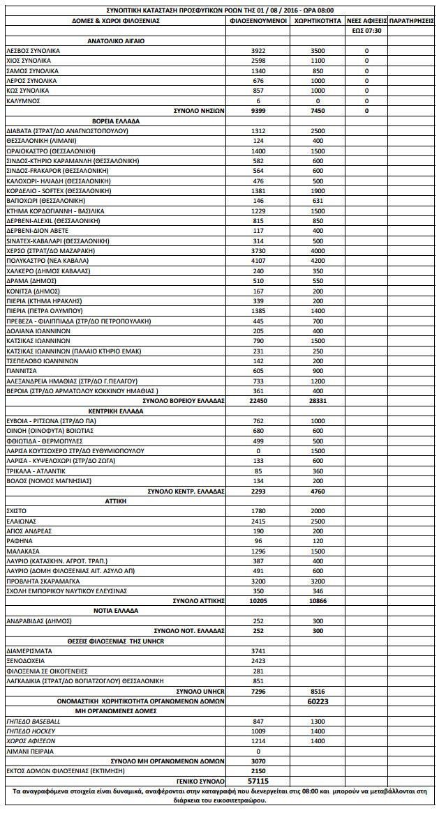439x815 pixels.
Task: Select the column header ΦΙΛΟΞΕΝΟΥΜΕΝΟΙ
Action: point(258,21)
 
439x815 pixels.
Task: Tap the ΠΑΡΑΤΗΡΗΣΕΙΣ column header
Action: point(412,21)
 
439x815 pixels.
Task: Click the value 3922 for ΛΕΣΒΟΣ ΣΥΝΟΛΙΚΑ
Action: point(258,51)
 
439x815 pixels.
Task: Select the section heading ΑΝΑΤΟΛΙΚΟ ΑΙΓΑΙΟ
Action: point(116,41)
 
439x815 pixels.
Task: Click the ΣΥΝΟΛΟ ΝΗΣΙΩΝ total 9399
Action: point(258,111)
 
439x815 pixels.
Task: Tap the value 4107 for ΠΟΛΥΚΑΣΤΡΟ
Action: point(258,261)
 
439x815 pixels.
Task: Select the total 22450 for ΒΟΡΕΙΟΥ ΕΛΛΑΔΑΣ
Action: point(258,401)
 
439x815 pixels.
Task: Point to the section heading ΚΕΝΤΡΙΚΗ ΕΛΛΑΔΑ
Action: point(116,411)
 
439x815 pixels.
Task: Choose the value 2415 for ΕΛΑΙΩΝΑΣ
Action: point(258,521)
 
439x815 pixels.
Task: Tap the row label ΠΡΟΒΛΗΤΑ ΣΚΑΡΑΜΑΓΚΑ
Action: point(45,580)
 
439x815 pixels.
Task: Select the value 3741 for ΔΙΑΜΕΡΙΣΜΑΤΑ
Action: point(258,650)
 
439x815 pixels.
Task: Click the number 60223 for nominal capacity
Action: point(318,701)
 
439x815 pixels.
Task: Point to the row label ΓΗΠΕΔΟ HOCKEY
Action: point(32,731)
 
